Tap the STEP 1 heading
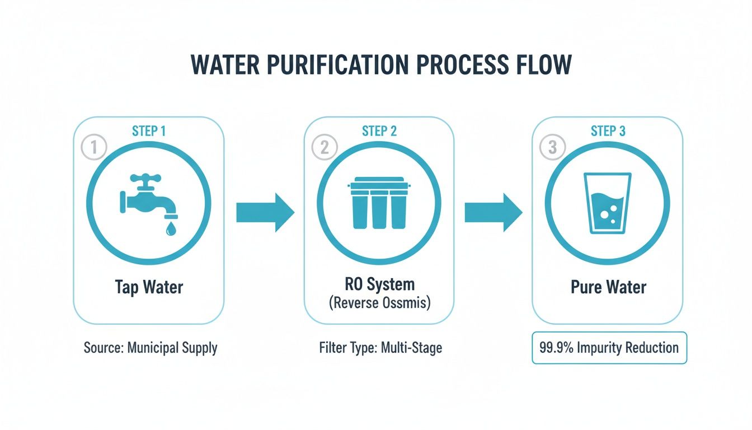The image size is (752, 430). pos(149,132)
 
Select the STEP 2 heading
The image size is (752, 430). pos(379,132)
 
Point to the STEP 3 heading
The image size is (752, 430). pos(608,132)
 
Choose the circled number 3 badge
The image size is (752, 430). pos(552,148)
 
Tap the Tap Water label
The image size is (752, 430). pos(149,287)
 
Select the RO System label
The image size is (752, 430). pos(379,284)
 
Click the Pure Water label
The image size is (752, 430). pos(608,287)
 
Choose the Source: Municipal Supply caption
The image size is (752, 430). pos(151,348)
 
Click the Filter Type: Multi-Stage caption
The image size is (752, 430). pos(380,348)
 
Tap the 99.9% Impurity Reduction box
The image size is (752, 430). pos(609,348)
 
